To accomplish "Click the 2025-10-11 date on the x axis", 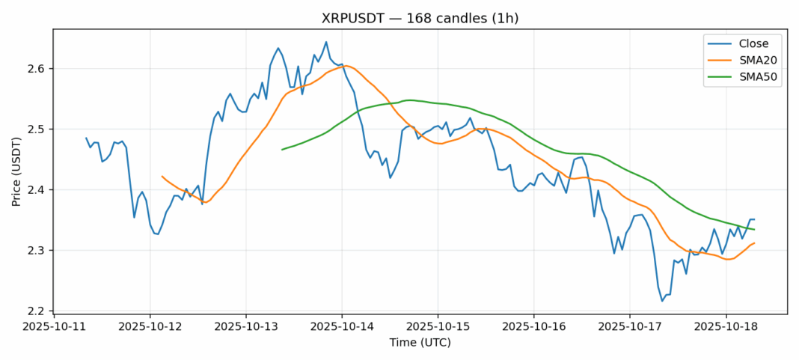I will pyautogui.click(x=55, y=327).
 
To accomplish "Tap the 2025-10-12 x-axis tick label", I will pyautogui.click(x=150, y=327).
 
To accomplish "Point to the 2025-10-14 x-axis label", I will pyautogui.click(x=342, y=327).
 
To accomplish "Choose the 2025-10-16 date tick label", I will pyautogui.click(x=533, y=327).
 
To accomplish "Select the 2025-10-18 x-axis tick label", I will pyautogui.click(x=725, y=327).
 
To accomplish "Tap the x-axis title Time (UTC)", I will pyautogui.click(x=420, y=343).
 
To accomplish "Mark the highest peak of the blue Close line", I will pyautogui.click(x=326, y=42).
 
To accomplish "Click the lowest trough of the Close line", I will pyautogui.click(x=662, y=301).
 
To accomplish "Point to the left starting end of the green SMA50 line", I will pyautogui.click(x=282, y=150).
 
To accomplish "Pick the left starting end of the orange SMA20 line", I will pyautogui.click(x=162, y=177).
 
